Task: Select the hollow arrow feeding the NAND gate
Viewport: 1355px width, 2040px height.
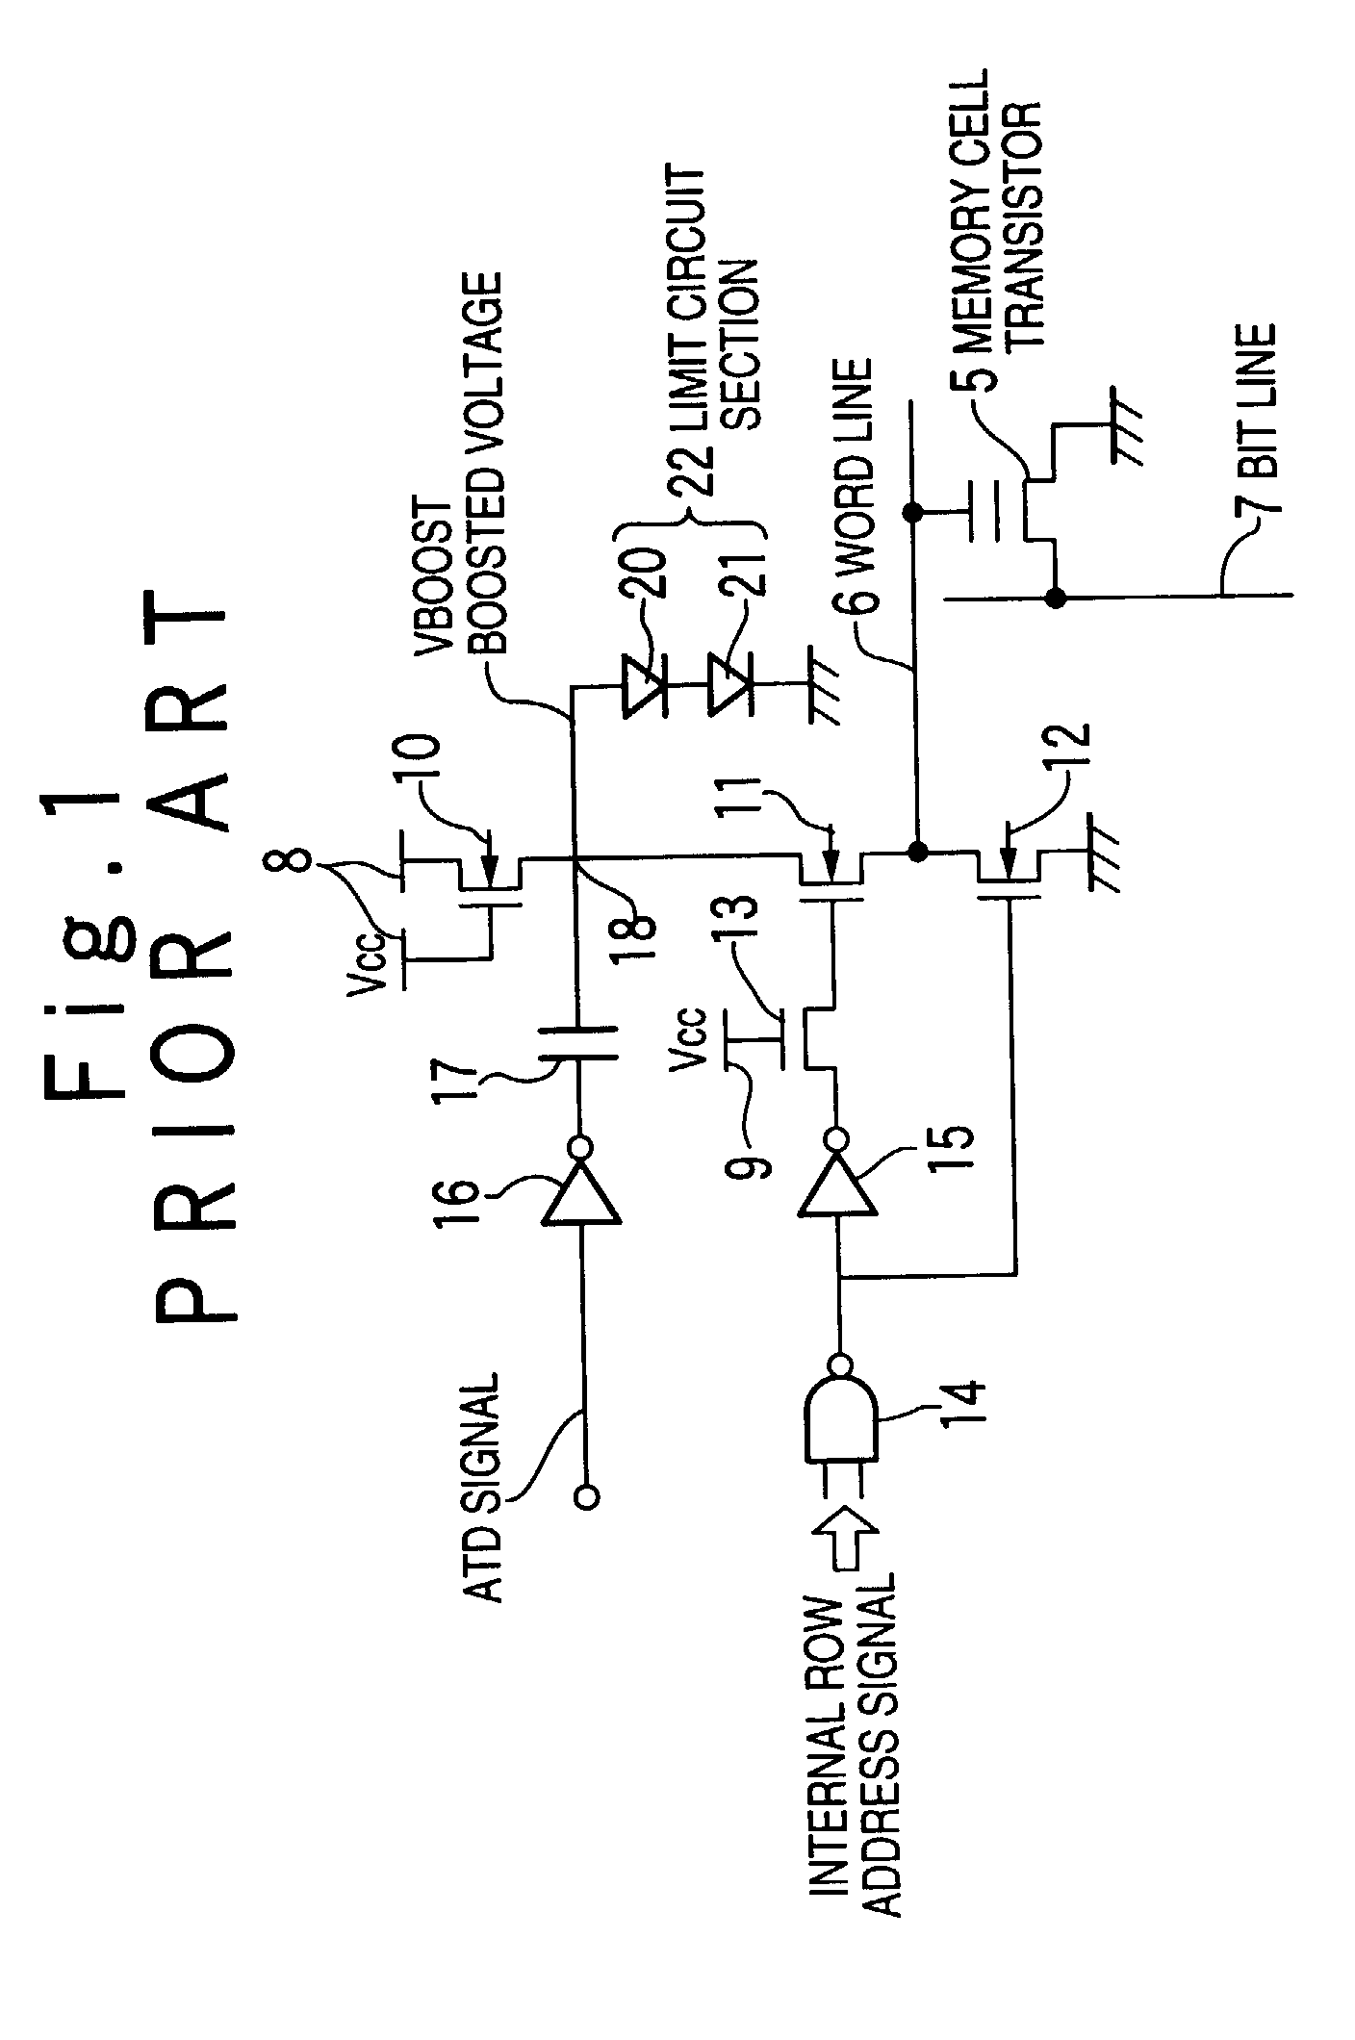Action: (x=841, y=1542)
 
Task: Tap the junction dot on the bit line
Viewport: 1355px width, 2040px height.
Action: (x=1056, y=598)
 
